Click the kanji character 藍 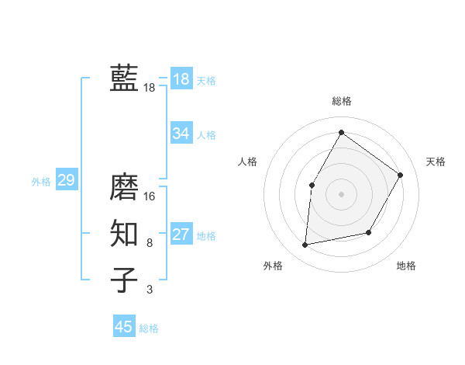click(124, 78)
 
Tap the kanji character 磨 click(124, 187)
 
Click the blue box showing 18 click(181, 78)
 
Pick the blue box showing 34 click(181, 134)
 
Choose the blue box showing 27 click(181, 235)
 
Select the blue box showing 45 click(124, 327)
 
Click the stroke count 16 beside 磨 click(150, 196)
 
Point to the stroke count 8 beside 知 click(150, 243)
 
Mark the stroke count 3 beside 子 click(150, 290)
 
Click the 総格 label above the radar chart click(341, 101)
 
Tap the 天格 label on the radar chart click(436, 162)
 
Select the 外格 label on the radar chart click(273, 266)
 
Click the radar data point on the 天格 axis click(401, 175)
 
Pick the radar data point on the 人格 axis click(312, 185)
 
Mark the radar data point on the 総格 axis click(341, 132)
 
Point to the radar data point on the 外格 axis click(305, 245)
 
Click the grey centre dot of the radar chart click(341, 193)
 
